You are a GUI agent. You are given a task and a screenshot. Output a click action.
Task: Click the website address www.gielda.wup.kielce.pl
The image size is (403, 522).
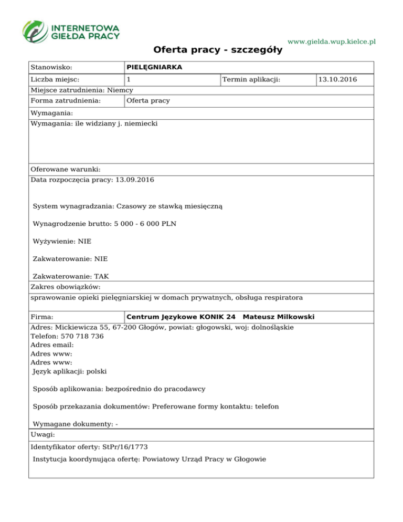pos(332,41)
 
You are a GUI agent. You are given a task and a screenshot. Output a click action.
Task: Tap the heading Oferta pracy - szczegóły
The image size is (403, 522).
pos(218,50)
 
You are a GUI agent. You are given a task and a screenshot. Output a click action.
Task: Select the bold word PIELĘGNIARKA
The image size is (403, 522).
pos(154,67)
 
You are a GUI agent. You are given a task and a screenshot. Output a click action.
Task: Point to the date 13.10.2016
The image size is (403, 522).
pos(338,80)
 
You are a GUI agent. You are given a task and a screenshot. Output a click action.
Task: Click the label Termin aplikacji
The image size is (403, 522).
pos(251,80)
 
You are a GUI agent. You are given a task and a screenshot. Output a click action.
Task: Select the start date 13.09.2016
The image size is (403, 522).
pos(134,180)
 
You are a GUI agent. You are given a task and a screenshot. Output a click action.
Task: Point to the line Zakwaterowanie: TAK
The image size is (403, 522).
pos(71,277)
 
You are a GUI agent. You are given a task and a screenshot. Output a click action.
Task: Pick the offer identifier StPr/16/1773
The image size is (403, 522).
pos(125,447)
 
